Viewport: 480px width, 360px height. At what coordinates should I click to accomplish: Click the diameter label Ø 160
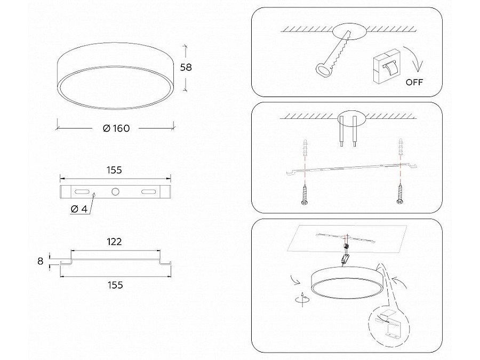tap(115, 128)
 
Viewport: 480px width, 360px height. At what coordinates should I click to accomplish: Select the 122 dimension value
tap(114, 242)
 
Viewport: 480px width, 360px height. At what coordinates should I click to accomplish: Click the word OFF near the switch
tap(415, 82)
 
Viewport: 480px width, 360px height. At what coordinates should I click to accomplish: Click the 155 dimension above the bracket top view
tap(115, 170)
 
